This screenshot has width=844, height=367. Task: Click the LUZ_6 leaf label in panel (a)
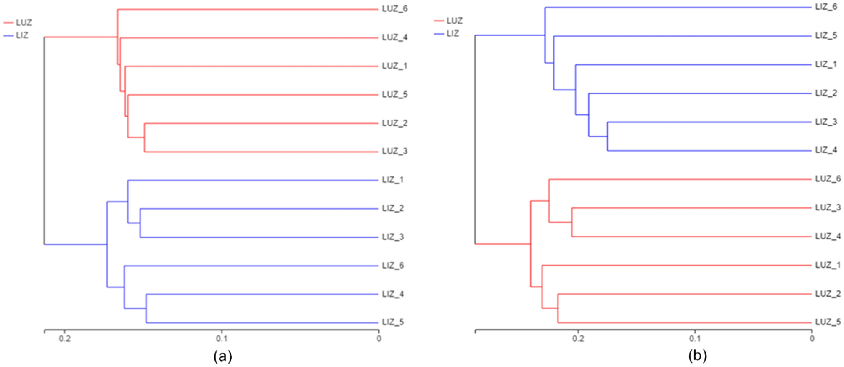[x=394, y=9]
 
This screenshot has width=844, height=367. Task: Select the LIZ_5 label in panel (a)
[x=393, y=322]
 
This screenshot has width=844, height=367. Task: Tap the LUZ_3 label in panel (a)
[x=394, y=151]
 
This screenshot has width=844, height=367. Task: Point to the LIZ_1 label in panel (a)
[x=393, y=180]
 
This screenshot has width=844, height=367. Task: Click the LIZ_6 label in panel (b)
[x=826, y=7]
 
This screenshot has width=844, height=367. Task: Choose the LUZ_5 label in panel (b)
[x=828, y=322]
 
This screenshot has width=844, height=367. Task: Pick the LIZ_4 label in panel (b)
[x=826, y=150]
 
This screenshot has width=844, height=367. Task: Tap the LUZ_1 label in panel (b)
[x=828, y=265]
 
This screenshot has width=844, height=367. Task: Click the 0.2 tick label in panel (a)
[x=64, y=339]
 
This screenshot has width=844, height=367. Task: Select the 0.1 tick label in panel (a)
[x=222, y=339]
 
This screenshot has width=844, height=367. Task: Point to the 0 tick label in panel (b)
[x=812, y=339]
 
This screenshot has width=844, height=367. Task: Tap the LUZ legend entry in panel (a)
[x=24, y=23]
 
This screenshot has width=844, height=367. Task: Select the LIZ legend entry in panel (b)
[x=452, y=34]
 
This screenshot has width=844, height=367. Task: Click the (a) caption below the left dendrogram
[x=222, y=356]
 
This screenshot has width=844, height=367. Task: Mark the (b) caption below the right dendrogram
[x=697, y=356]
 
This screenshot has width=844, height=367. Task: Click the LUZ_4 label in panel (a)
[x=394, y=37]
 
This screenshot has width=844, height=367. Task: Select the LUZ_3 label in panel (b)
[x=828, y=208]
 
